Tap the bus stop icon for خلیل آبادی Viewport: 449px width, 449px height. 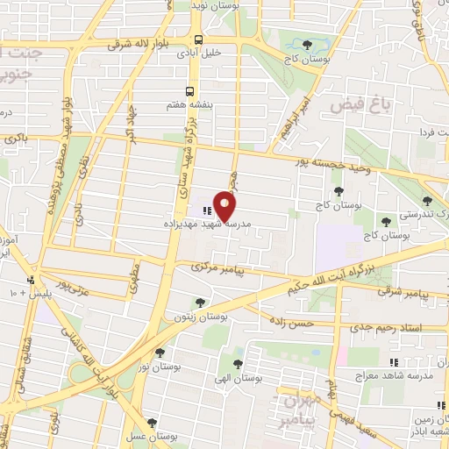tap(198, 39)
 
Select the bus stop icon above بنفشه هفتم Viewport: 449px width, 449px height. tap(189, 91)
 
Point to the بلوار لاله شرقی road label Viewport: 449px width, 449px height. tap(146, 42)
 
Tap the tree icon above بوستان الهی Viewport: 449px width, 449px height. tap(238, 360)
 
